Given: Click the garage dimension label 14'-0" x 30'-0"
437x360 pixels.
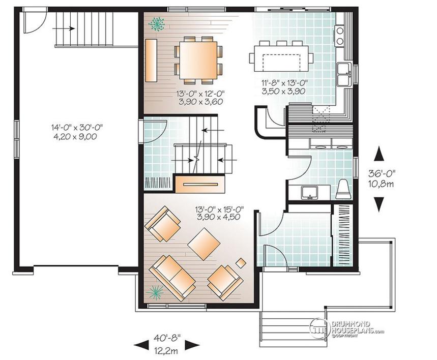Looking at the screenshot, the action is pos(77,127).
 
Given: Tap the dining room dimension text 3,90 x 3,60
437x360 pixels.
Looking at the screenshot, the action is pos(201,102).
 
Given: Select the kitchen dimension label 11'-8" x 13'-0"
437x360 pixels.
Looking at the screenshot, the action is pos(284,82).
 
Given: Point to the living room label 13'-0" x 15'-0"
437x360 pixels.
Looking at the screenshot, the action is pos(219,208).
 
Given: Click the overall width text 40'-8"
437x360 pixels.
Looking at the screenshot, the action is pos(167,338).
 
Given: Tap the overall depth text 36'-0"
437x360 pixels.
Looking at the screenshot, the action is pos(382,174).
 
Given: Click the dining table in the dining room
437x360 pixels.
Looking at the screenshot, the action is pos(198,60).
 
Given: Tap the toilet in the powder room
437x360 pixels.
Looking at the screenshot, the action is pos(342,189).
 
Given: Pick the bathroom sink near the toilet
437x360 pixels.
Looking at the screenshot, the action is pos(310,193).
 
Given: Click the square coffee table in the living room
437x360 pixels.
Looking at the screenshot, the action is pos(204,244).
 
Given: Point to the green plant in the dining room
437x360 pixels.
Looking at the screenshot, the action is pos(157,23).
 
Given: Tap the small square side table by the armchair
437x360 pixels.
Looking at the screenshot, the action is pos(241,263).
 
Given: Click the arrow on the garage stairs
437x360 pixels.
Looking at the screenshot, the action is pos(64,28).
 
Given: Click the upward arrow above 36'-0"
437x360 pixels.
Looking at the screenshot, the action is pos(379,154).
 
